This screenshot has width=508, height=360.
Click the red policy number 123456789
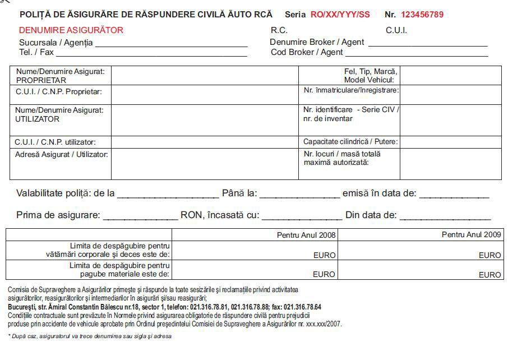tap(422, 15)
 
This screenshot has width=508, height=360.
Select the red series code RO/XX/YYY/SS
tap(340, 15)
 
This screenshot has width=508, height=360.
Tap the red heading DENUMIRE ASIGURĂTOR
tap(71, 30)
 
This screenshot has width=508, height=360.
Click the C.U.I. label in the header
tap(396, 30)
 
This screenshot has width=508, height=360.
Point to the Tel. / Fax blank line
tap(151, 53)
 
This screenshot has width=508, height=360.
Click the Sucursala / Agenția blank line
tap(171, 43)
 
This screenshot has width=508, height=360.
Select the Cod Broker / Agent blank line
tap(416, 53)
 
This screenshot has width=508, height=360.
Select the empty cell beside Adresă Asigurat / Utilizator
tap(204, 164)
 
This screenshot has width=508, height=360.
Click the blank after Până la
tap(299, 195)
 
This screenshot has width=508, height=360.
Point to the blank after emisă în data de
tap(454, 195)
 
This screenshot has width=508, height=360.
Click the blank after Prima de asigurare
tap(140, 216)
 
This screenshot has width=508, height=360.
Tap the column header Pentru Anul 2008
tap(306, 235)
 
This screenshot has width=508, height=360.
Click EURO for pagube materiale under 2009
tap(489, 275)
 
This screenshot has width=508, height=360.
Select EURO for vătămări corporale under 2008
tap(324, 255)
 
